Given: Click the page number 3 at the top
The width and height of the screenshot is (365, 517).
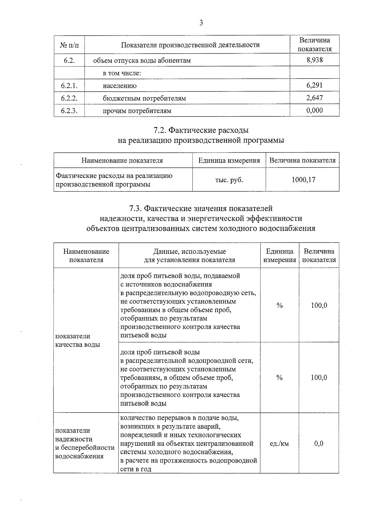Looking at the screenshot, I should [201, 23].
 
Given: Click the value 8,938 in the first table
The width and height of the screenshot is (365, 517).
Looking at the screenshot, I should [315, 60].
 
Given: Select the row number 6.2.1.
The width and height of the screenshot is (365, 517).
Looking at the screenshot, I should [69, 86].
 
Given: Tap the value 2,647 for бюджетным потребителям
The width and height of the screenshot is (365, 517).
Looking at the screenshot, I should [315, 98].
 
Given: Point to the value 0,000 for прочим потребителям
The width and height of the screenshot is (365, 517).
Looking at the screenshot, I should [315, 111].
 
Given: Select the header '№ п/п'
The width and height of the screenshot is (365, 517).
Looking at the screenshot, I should [69, 45].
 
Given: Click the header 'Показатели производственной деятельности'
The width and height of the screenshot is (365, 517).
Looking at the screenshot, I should [190, 45].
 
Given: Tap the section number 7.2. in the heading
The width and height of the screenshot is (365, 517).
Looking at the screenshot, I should [160, 130].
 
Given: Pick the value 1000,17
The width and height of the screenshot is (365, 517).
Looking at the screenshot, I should [303, 180].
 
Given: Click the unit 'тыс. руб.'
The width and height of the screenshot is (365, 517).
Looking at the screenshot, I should [229, 180].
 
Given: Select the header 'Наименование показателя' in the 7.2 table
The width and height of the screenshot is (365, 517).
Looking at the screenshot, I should [122, 160].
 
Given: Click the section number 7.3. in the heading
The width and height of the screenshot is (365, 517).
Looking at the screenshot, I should [135, 208].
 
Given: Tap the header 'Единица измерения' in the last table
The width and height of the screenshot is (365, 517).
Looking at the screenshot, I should [280, 256].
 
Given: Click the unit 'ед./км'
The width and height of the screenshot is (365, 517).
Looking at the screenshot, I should [279, 444].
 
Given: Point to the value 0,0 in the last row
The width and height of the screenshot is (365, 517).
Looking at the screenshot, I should [319, 444].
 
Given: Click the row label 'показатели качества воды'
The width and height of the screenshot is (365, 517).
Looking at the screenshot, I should [78, 340].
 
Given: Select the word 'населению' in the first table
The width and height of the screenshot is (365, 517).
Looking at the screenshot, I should [120, 86].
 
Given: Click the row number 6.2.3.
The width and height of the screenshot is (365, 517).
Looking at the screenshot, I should [69, 111].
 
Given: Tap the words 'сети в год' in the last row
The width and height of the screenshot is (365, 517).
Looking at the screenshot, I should [136, 469].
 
